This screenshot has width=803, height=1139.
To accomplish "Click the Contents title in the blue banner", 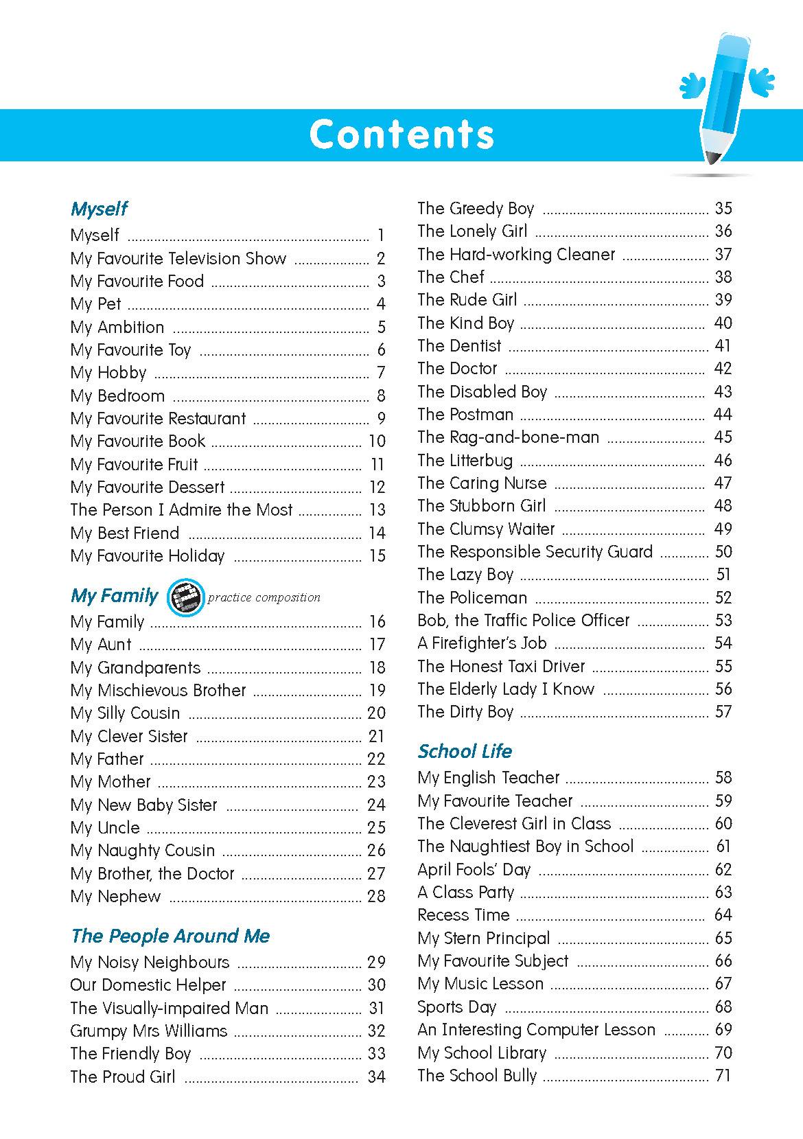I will tap(401, 134).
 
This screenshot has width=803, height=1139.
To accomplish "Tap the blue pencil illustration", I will tap(724, 96).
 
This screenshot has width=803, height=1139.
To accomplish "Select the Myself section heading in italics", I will tap(99, 209).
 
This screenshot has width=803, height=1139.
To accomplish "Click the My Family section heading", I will tap(114, 595).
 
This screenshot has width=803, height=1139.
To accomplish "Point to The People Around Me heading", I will tap(170, 936).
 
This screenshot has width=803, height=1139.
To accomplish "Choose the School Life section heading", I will tap(465, 751).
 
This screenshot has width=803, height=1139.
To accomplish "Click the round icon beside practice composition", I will tap(185, 597).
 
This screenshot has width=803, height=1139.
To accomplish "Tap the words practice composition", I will tap(264, 597).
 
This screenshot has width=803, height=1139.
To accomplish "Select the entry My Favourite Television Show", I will tap(178, 259).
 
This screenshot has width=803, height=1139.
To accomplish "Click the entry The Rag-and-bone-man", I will tap(508, 437).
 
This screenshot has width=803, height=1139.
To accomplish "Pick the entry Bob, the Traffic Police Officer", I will tap(523, 621).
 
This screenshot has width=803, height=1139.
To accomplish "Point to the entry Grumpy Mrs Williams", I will tap(148, 1031).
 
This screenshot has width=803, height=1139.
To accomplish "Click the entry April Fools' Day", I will tap(474, 870).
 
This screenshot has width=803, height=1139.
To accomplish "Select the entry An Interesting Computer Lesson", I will tap(536, 1030).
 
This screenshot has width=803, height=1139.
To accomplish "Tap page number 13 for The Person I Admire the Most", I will tap(377, 510).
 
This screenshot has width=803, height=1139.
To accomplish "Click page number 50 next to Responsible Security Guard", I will tap(723, 552).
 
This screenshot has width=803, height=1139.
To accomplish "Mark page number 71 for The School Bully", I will tap(723, 1076).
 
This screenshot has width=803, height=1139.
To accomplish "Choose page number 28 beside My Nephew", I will tap(376, 897).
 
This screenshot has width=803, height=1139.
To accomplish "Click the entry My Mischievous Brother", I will tap(158, 691).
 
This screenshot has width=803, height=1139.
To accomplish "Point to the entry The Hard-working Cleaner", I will tap(516, 255).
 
